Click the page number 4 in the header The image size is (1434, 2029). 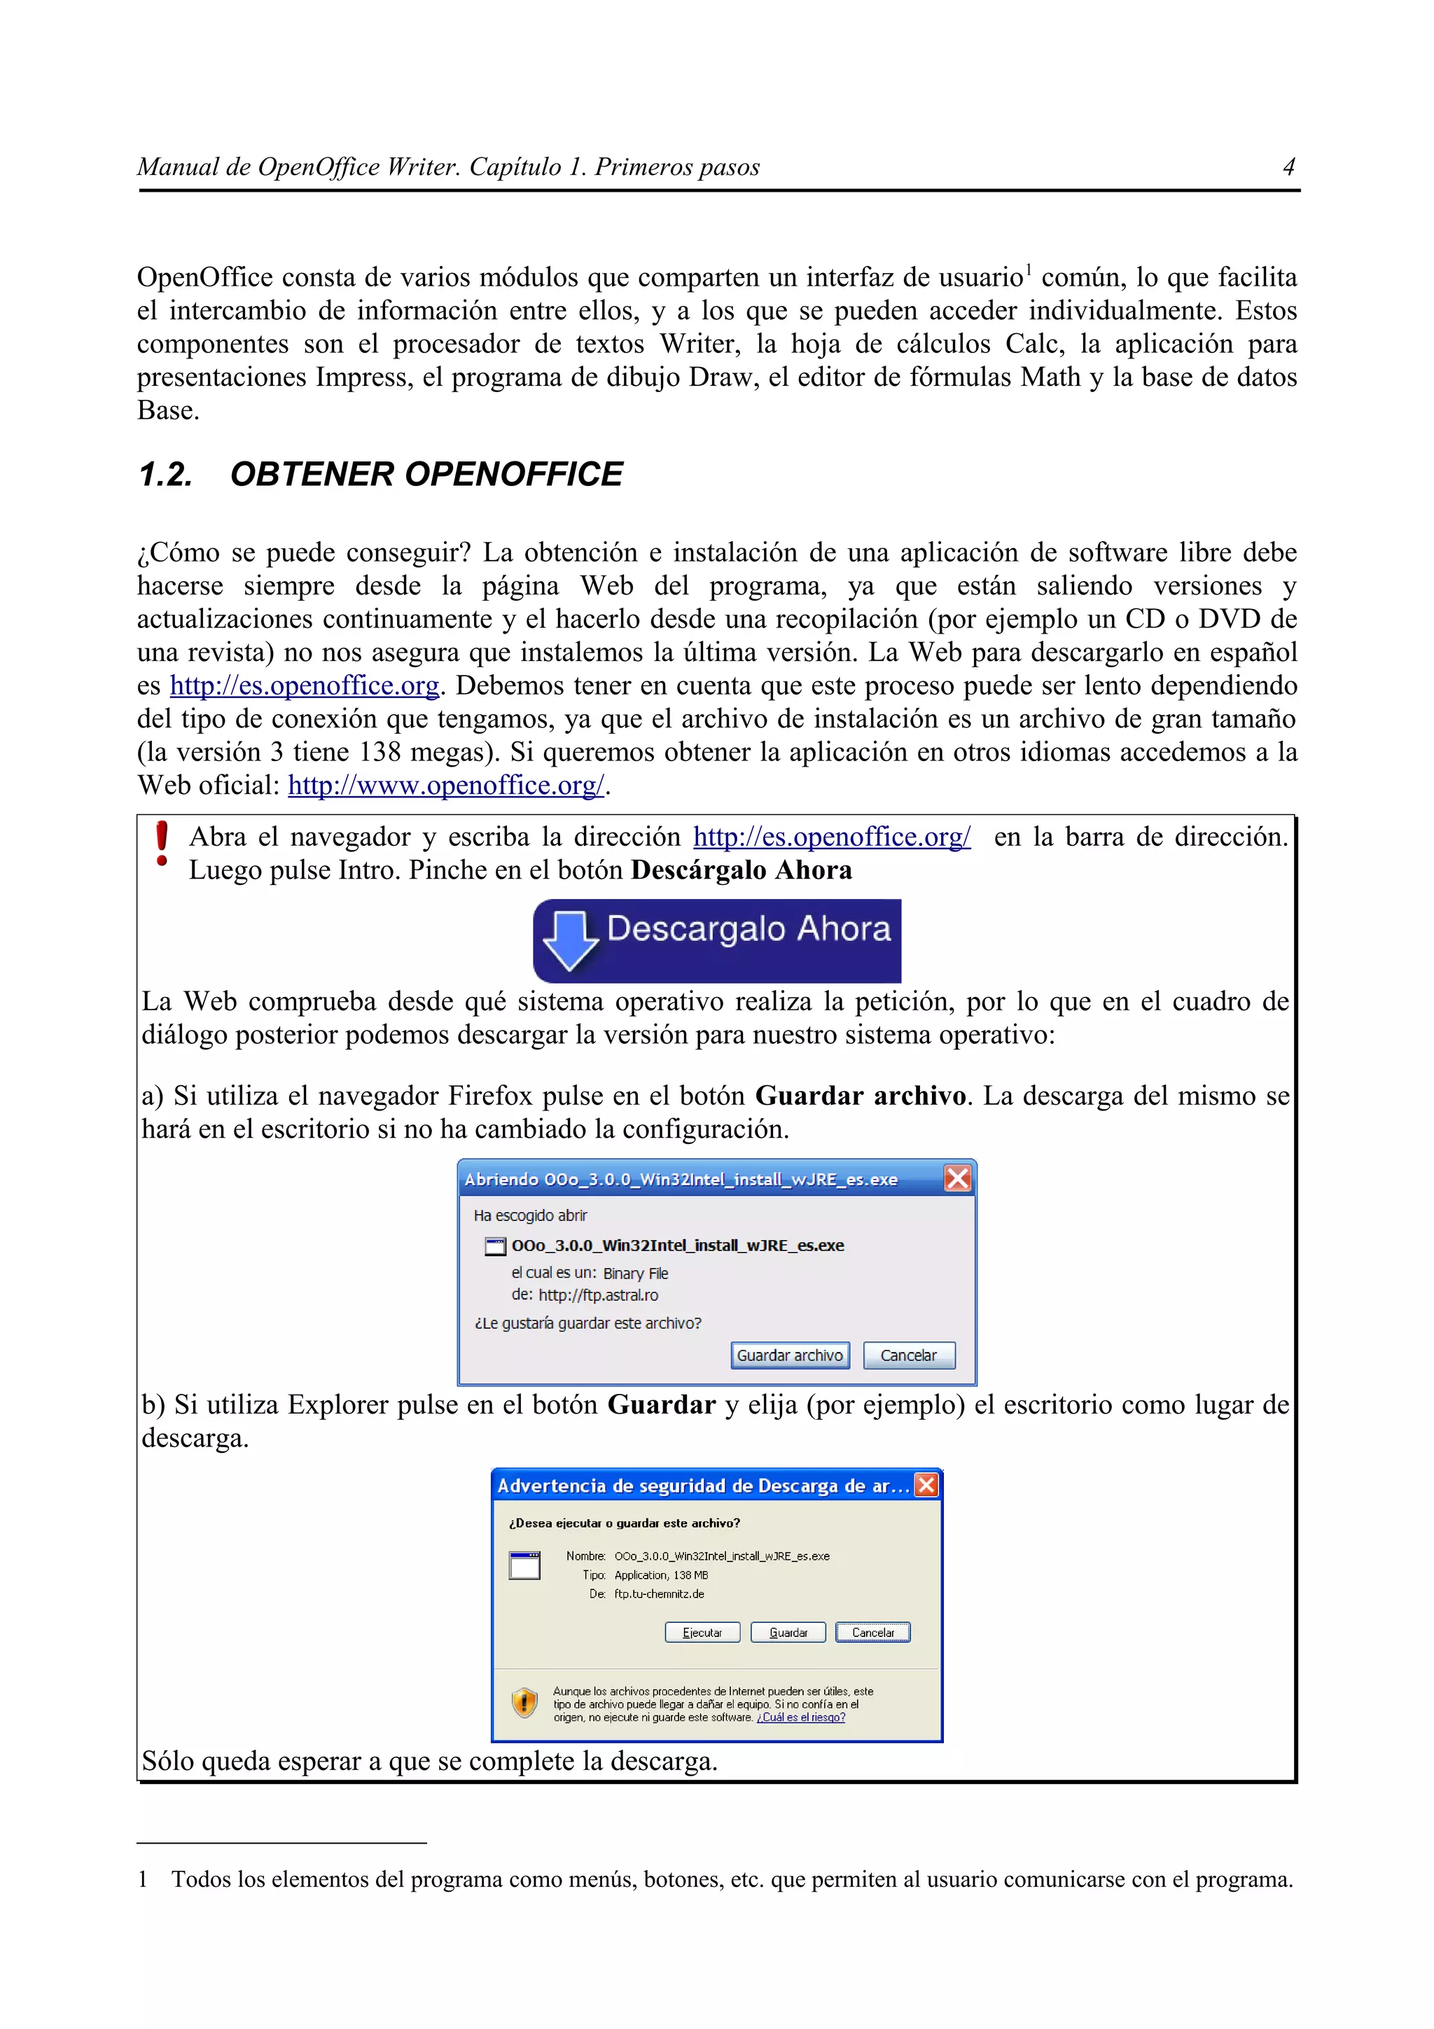[x=1288, y=167]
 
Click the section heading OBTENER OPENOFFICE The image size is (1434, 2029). [x=426, y=475]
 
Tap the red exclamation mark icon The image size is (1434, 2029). [x=162, y=844]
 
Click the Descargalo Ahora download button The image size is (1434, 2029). [x=716, y=940]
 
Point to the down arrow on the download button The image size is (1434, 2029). [x=570, y=940]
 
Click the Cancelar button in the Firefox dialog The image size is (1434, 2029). [x=908, y=1355]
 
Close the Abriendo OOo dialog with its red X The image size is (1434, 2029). [x=958, y=1178]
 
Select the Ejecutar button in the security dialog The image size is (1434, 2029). [x=702, y=1632]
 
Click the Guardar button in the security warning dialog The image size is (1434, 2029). [x=787, y=1632]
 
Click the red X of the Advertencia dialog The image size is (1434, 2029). [x=926, y=1484]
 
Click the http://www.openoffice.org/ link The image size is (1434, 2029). [x=446, y=786]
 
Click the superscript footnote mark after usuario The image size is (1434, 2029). [x=1029, y=269]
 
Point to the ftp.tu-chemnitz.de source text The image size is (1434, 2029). [x=659, y=1594]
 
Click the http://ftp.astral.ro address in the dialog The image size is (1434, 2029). [x=598, y=1295]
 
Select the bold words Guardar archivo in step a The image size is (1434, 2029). [x=861, y=1096]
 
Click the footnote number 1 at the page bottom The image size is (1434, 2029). [x=142, y=1880]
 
